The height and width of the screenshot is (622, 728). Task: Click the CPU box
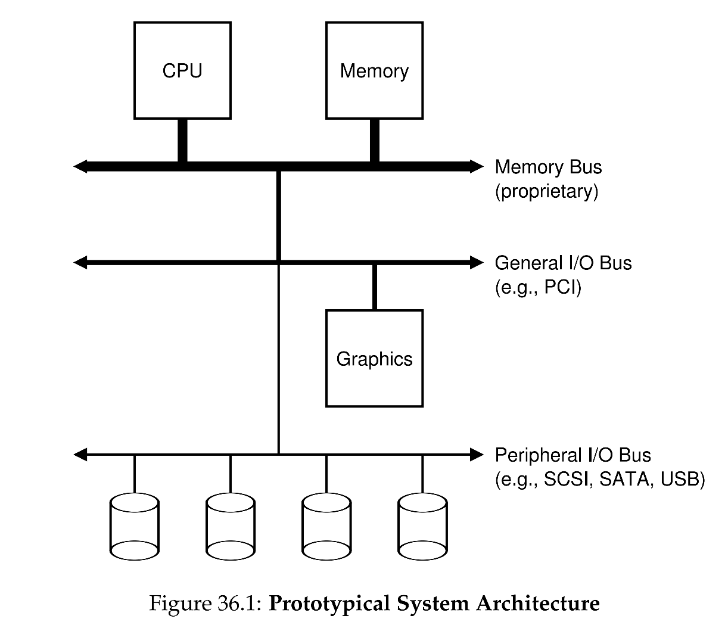point(182,70)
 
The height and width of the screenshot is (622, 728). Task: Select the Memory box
point(374,70)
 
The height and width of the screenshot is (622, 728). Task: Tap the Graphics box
point(374,358)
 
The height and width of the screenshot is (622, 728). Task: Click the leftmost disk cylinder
point(135,527)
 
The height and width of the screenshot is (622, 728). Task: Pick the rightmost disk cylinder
point(422,527)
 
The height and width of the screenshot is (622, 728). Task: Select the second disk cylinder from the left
point(231,527)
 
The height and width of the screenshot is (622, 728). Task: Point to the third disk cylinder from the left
point(326,527)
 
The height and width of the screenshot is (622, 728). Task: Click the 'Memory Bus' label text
point(548,167)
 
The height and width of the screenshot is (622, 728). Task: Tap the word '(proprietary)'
point(546,192)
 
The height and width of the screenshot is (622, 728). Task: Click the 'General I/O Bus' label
point(563,263)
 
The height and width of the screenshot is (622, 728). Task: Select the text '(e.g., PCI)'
point(537,288)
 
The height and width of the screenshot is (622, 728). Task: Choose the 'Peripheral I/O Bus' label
point(573,455)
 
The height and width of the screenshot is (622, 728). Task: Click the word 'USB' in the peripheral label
point(683,480)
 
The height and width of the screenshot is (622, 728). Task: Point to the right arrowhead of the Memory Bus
point(477,166)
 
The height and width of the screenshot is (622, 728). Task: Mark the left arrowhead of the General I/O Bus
point(80,262)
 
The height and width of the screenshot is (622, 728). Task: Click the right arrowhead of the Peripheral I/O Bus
point(477,455)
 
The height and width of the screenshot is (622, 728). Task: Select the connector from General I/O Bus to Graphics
point(374,287)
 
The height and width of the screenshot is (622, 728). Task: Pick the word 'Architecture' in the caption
point(537,604)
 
